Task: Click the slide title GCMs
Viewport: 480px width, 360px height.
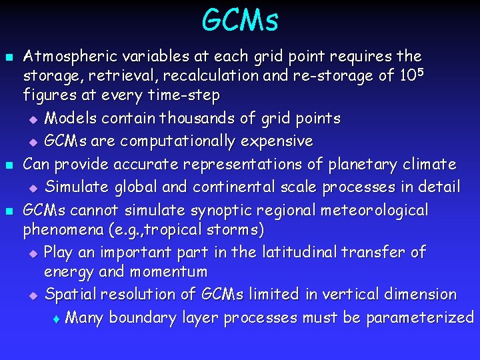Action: [240, 20]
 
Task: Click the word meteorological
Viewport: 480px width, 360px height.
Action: [375, 211]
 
